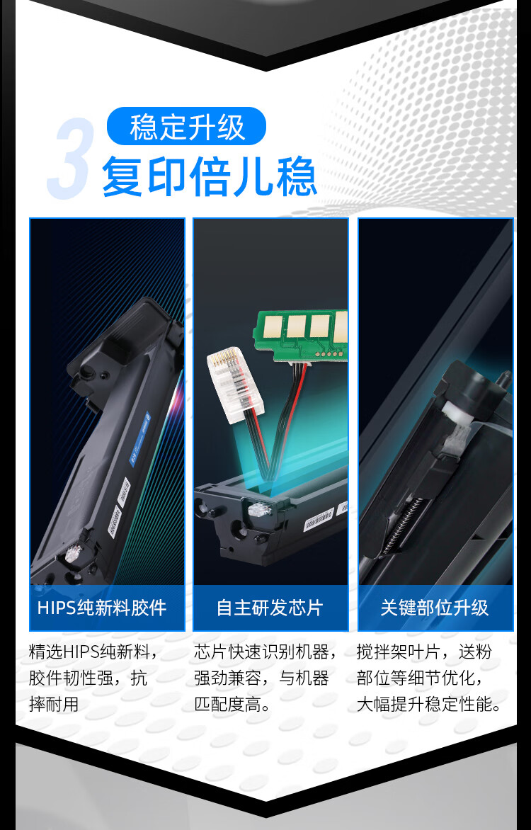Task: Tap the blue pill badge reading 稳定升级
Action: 186,127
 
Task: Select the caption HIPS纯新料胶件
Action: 102,608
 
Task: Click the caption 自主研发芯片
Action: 270,608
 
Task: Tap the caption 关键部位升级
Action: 435,608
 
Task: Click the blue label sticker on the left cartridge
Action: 141,438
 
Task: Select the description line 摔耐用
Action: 54,705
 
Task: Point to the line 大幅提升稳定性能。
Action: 429,705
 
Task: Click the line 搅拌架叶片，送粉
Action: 424,652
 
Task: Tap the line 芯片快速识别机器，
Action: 265,652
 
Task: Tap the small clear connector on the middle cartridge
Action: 259,510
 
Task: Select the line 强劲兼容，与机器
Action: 261,678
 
